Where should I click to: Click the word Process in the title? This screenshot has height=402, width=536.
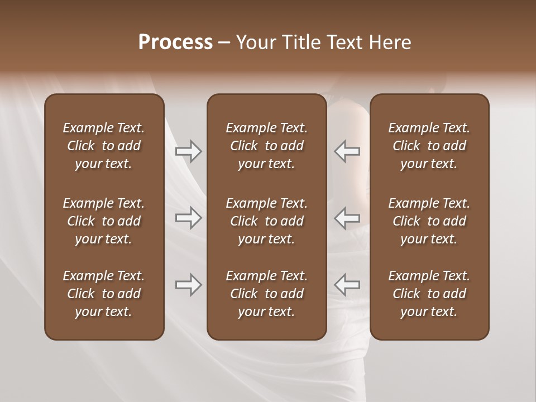pyautogui.click(x=175, y=42)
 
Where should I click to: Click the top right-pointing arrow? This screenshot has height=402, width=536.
pyautogui.click(x=188, y=151)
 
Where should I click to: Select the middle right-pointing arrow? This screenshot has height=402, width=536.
pyautogui.click(x=188, y=218)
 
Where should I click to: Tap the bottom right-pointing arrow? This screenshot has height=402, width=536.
pyautogui.click(x=188, y=285)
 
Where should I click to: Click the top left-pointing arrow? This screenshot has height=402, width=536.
pyautogui.click(x=347, y=151)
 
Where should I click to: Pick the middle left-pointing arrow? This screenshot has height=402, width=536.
pyautogui.click(x=347, y=218)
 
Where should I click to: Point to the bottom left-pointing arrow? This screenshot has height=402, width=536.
pyautogui.click(x=347, y=285)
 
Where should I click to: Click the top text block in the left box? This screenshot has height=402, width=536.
pyautogui.click(x=104, y=146)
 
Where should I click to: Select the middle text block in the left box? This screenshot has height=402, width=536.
pyautogui.click(x=104, y=221)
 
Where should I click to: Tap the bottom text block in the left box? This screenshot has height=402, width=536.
pyautogui.click(x=104, y=294)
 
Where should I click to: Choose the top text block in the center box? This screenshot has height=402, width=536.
pyautogui.click(x=266, y=146)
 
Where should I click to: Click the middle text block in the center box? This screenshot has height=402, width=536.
pyautogui.click(x=266, y=221)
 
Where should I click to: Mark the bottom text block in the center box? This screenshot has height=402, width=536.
pyautogui.click(x=266, y=294)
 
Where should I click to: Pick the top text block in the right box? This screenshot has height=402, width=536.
pyautogui.click(x=429, y=146)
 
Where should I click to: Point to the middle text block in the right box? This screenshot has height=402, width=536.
pyautogui.click(x=429, y=221)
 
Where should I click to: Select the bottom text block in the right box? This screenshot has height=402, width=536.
pyautogui.click(x=429, y=294)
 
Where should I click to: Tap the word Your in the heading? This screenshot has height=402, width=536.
pyautogui.click(x=257, y=42)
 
